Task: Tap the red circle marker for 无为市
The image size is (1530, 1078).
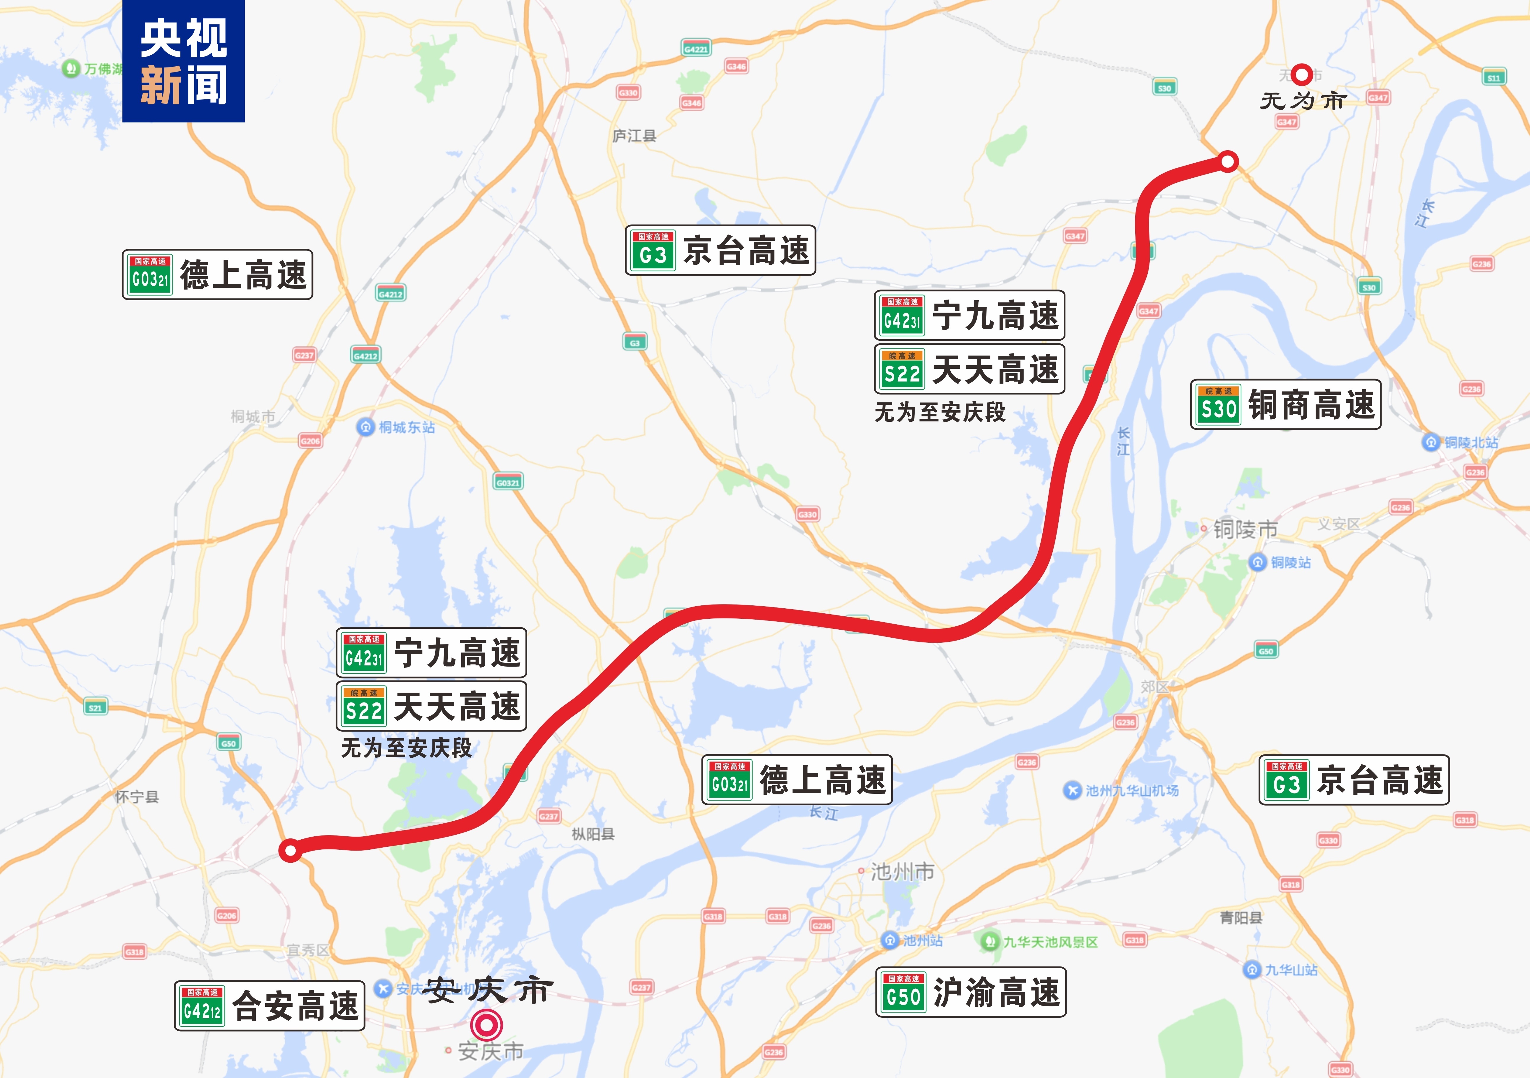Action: coord(1301,75)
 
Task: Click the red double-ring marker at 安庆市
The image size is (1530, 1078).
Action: coord(486,1025)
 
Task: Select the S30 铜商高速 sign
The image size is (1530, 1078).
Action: coord(1285,405)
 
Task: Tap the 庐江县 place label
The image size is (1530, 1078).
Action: coord(634,136)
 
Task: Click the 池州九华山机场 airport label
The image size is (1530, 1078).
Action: coord(1123,791)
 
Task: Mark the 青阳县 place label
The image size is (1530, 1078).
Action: coord(1241,918)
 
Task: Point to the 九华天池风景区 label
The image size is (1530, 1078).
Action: coord(1041,942)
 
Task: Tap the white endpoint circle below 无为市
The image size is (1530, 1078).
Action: coord(1228,161)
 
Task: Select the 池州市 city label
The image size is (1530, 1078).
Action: coord(902,871)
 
